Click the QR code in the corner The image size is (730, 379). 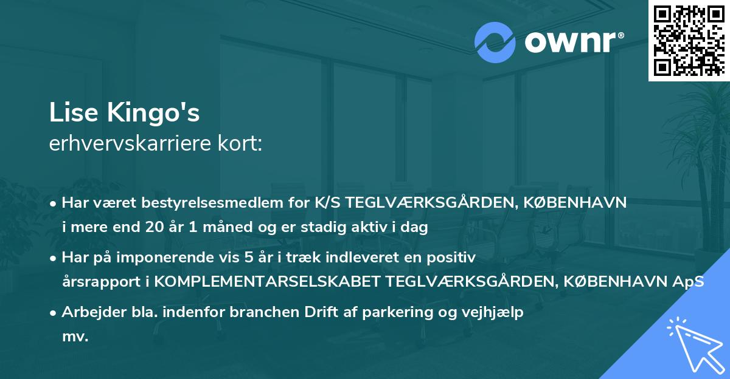point(689,40)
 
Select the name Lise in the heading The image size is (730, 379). point(69,114)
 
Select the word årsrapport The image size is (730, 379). point(98,282)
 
